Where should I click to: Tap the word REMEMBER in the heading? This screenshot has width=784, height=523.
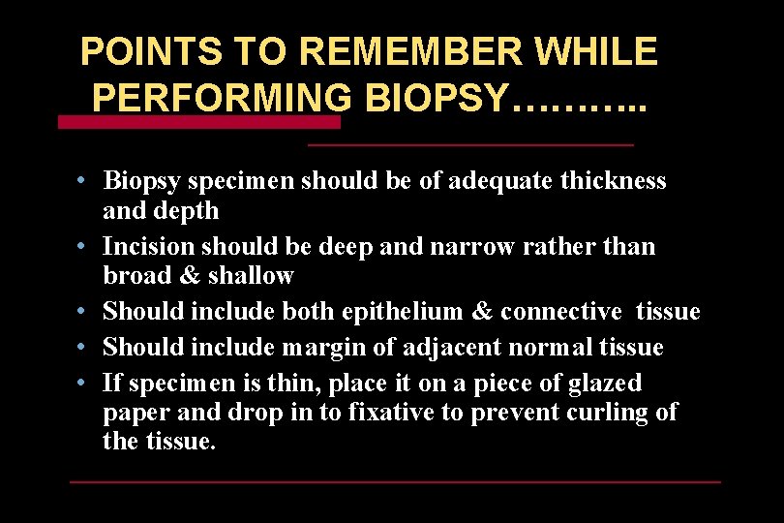[354, 51]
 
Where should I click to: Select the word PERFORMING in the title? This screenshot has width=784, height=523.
[222, 97]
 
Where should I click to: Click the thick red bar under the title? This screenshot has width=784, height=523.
[199, 123]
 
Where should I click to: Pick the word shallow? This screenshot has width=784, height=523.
[251, 276]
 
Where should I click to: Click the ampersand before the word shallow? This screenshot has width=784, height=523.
[191, 276]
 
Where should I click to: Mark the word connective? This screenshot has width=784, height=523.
[561, 312]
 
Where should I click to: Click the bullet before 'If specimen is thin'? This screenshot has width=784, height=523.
[85, 382]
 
